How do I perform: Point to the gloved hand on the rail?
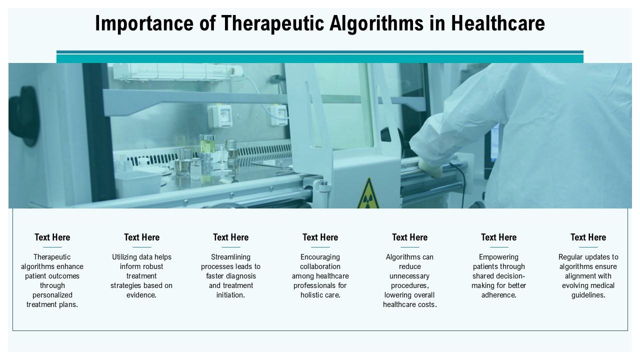click(x=431, y=168)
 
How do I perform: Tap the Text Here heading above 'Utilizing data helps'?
click(x=141, y=237)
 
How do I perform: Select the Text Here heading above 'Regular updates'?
click(x=588, y=237)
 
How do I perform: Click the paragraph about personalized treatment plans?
click(x=52, y=280)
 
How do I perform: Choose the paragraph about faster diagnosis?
click(x=230, y=276)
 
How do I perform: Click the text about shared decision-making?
click(x=498, y=276)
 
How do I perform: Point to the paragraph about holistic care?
click(x=320, y=276)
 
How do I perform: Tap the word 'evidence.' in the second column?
click(x=141, y=295)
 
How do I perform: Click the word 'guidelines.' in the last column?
click(x=588, y=295)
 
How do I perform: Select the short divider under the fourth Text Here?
click(x=320, y=247)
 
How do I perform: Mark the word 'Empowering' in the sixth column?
click(x=498, y=257)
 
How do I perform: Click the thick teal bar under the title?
click(x=320, y=58)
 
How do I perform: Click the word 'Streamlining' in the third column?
click(x=230, y=257)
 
